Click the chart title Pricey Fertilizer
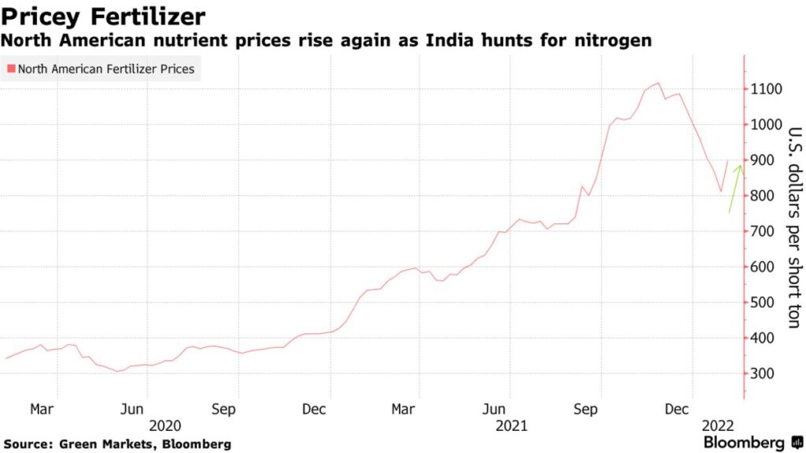coord(104,16)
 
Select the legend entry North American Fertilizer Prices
coord(105,69)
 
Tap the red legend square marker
coord(11,69)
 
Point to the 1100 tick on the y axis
coord(766,89)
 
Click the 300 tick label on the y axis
coord(762,374)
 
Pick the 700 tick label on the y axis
coord(762,231)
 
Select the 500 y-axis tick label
coord(762,303)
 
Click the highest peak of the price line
coord(658,83)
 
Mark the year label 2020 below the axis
coord(165,425)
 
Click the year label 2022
coord(717,425)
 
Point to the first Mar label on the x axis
coord(41,409)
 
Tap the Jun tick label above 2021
coord(494,409)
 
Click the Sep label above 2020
coord(224,409)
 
